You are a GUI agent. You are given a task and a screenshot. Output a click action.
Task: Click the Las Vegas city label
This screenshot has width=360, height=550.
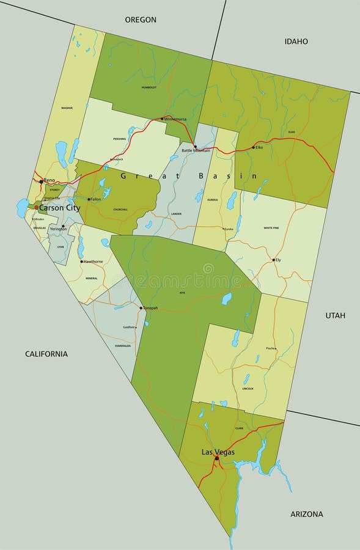[x=218, y=452]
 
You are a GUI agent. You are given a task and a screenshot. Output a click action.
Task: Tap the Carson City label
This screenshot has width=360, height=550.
[x=59, y=208]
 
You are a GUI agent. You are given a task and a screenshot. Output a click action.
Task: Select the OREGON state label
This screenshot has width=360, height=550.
[x=141, y=20]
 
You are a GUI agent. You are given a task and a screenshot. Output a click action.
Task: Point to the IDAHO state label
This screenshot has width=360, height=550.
[x=296, y=42]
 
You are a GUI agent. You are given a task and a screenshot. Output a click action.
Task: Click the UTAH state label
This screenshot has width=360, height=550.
[x=335, y=315]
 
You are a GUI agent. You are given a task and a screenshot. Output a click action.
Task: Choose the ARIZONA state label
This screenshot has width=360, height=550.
[x=306, y=514]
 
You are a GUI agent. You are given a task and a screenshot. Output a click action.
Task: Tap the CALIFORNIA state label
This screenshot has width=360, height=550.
[x=46, y=354]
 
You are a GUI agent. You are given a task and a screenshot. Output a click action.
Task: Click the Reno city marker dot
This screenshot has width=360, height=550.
[x=41, y=182]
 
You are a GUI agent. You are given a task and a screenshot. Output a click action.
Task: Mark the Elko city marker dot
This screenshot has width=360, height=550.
[x=253, y=147]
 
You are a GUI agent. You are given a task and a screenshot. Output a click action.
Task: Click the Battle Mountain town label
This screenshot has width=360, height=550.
[x=196, y=150]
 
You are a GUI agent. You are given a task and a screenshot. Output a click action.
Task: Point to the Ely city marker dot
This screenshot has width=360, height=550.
[x=273, y=260]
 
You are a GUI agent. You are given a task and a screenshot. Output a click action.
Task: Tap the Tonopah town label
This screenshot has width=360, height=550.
[x=150, y=308]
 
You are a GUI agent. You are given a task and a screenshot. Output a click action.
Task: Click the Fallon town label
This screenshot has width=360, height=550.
[x=96, y=199]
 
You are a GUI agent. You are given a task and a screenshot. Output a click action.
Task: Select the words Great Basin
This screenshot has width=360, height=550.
[x=189, y=176]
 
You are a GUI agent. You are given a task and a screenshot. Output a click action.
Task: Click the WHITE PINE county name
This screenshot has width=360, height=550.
[x=271, y=228]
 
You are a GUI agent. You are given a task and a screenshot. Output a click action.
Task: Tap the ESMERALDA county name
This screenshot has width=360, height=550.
[x=123, y=346]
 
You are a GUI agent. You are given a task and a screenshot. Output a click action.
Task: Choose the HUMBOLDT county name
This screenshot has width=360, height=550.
[x=149, y=87]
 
